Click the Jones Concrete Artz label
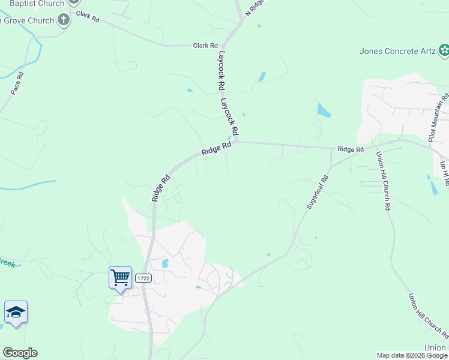click(397, 51)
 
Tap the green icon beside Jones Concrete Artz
click(444, 51)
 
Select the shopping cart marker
click(120, 277)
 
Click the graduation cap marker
click(16, 312)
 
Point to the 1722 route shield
click(143, 278)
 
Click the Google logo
click(20, 353)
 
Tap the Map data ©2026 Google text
click(412, 355)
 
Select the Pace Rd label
click(17, 83)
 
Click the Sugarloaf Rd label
click(318, 191)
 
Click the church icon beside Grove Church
click(64, 20)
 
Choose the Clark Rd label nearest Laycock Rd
click(205, 46)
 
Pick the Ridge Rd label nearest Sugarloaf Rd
click(351, 149)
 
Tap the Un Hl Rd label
click(444, 173)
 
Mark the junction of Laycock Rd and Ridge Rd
click(235, 142)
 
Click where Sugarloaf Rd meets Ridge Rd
click(331, 148)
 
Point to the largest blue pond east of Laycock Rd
click(324, 110)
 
